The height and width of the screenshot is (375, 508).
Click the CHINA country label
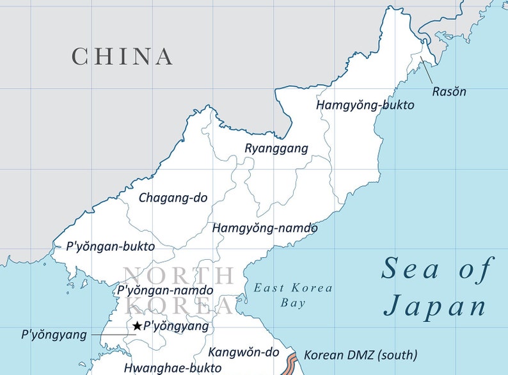pyautogui.click(x=122, y=56)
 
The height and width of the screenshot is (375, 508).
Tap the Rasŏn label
pyautogui.click(x=449, y=91)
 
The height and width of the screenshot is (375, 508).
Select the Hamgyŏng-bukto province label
pyautogui.click(x=365, y=105)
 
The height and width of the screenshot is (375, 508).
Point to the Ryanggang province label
pyautogui.click(x=276, y=148)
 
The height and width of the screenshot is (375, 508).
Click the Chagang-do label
pyautogui.click(x=173, y=198)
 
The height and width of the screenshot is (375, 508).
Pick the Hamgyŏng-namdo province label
pyautogui.click(x=265, y=228)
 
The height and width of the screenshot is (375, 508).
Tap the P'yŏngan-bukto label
pyautogui.click(x=110, y=246)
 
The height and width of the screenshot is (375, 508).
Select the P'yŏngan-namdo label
pyautogui.click(x=166, y=290)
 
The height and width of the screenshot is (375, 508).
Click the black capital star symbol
pyautogui.click(x=136, y=326)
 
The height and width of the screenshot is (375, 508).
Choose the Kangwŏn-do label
pyautogui.click(x=244, y=352)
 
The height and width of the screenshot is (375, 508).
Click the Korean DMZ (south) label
pyautogui.click(x=360, y=355)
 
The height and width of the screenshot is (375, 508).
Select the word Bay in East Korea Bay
pyautogui.click(x=293, y=303)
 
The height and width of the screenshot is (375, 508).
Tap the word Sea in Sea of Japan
pyautogui.click(x=410, y=269)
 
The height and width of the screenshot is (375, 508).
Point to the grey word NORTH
pyautogui.click(x=179, y=276)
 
